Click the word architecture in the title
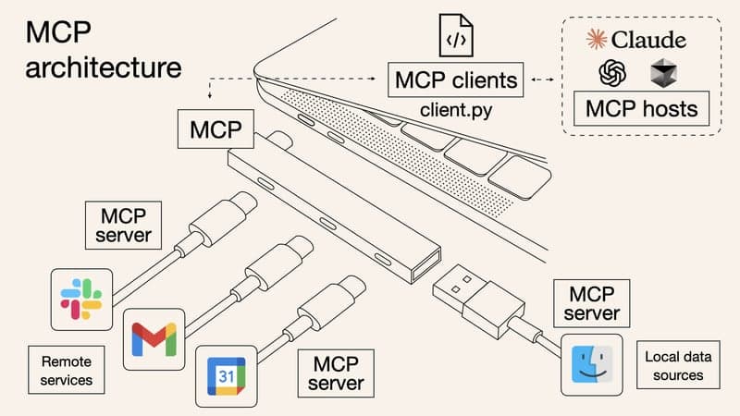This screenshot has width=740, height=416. coord(103,68)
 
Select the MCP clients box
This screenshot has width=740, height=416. coord(457,80)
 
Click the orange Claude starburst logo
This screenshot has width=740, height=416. coord(598,39)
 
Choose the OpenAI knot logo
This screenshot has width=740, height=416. coord(613,73)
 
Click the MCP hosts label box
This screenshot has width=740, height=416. coord(641,109)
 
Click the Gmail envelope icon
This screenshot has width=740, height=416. coord(154,338)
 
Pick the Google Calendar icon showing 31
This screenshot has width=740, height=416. coord(226,376)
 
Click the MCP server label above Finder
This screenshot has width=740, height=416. coord(594,303)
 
